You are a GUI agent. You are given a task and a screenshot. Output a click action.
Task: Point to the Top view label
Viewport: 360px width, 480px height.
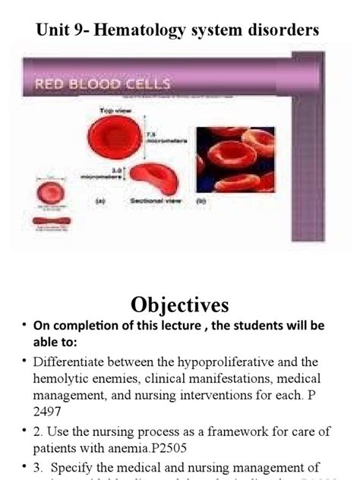pyautogui.click(x=115, y=112)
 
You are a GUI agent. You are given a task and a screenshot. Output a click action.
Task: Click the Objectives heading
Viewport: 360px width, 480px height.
pyautogui.click(x=179, y=305)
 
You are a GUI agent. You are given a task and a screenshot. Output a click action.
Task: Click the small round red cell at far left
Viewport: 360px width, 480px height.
pyautogui.click(x=52, y=191)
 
